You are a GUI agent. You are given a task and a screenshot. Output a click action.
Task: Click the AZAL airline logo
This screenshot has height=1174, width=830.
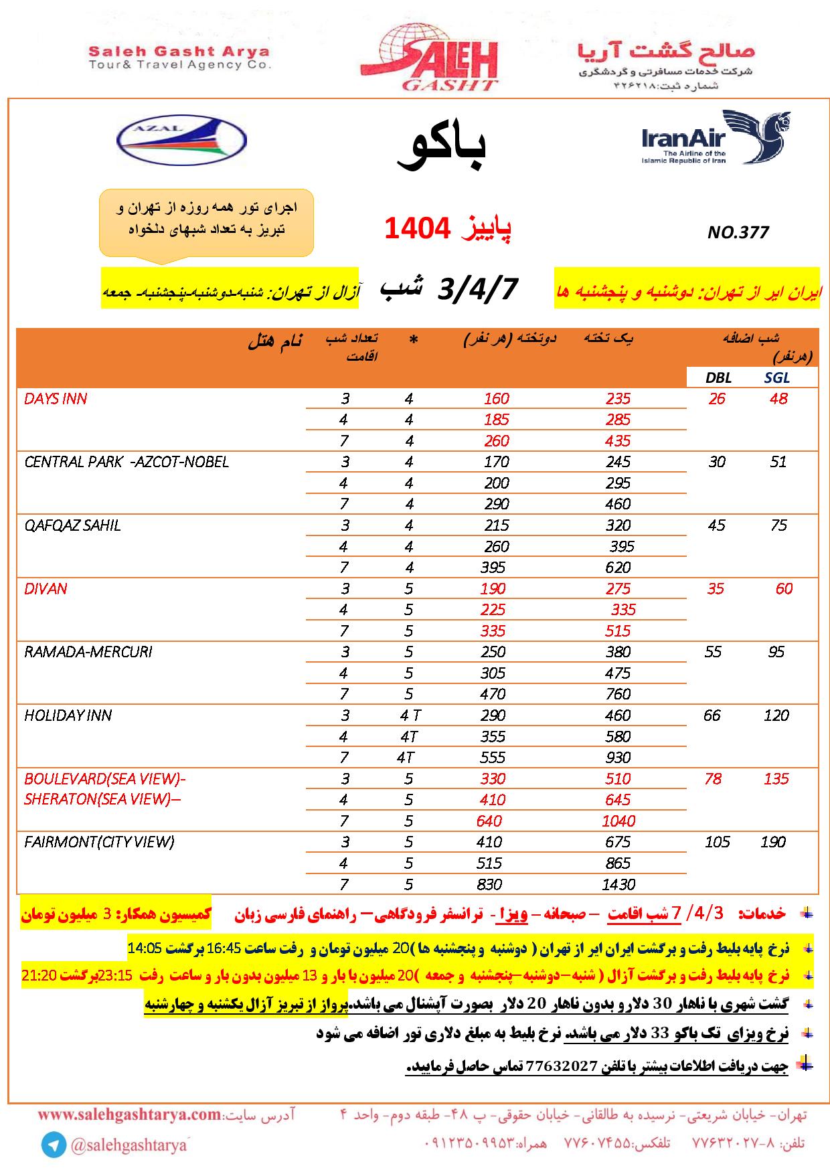point(181,141)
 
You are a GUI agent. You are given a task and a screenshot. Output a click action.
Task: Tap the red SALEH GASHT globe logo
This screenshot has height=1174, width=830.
point(428,61)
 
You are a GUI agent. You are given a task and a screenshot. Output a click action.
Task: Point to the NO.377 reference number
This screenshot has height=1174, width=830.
point(738,232)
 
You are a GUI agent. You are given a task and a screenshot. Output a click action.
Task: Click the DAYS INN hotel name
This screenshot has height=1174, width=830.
point(56,399)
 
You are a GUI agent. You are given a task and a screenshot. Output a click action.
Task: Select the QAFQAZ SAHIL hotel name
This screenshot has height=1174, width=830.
point(72,525)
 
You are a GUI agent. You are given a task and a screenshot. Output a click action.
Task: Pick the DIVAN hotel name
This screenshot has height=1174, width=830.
point(46,589)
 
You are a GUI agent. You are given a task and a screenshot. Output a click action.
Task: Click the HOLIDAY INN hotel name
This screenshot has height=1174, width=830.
point(68,716)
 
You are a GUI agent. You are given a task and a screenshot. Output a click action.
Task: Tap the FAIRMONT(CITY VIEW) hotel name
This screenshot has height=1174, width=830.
point(99,842)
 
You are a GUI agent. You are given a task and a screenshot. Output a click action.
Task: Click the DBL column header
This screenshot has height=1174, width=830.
point(718,378)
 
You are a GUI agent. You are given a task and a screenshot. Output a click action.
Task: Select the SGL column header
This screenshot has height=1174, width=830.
point(777,378)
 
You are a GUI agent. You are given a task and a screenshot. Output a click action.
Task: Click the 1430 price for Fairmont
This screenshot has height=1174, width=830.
point(618,884)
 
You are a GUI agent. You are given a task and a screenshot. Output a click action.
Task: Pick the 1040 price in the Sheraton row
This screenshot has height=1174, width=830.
point(618,821)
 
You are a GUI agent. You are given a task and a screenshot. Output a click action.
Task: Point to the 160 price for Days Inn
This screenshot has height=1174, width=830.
point(496,399)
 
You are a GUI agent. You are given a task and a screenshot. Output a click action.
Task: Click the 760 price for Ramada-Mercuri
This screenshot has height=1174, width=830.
point(618,694)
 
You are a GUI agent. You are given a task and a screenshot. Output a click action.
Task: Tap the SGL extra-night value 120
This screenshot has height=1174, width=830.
point(776,716)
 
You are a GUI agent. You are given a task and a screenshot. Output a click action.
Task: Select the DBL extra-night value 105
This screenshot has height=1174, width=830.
point(717,842)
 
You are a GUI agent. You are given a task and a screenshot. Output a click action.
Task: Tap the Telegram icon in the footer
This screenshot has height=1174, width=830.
point(53,1146)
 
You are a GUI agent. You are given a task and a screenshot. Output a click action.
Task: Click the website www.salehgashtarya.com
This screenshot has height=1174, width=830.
point(129,1115)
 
